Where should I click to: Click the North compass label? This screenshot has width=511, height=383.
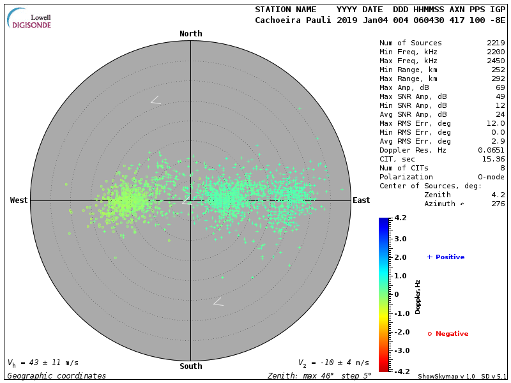(190, 34)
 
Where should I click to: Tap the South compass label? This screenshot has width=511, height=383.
(190, 366)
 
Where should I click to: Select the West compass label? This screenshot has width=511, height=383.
(19, 200)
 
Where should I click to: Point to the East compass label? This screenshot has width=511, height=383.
(361, 200)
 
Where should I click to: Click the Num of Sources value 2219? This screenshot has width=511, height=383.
(495, 43)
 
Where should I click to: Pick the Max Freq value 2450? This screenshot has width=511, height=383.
(495, 61)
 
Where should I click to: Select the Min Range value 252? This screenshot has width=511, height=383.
(498, 70)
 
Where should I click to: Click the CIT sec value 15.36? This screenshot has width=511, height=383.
(492, 159)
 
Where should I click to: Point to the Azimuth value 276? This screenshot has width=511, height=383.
(498, 204)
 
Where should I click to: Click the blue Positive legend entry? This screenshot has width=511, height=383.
(446, 257)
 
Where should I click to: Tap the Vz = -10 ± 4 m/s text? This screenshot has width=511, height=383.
(333, 363)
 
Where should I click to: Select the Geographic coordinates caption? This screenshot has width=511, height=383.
(57, 376)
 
